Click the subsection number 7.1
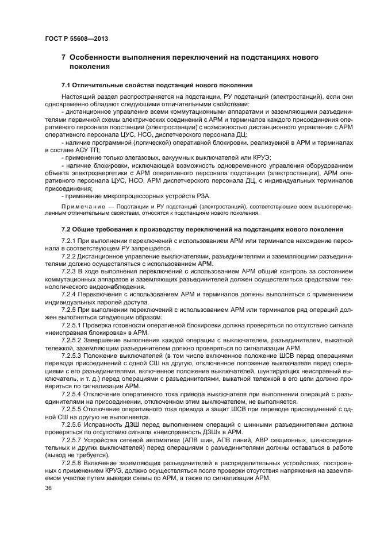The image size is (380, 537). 67,85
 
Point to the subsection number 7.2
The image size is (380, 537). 67,229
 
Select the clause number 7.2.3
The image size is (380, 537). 69,271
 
